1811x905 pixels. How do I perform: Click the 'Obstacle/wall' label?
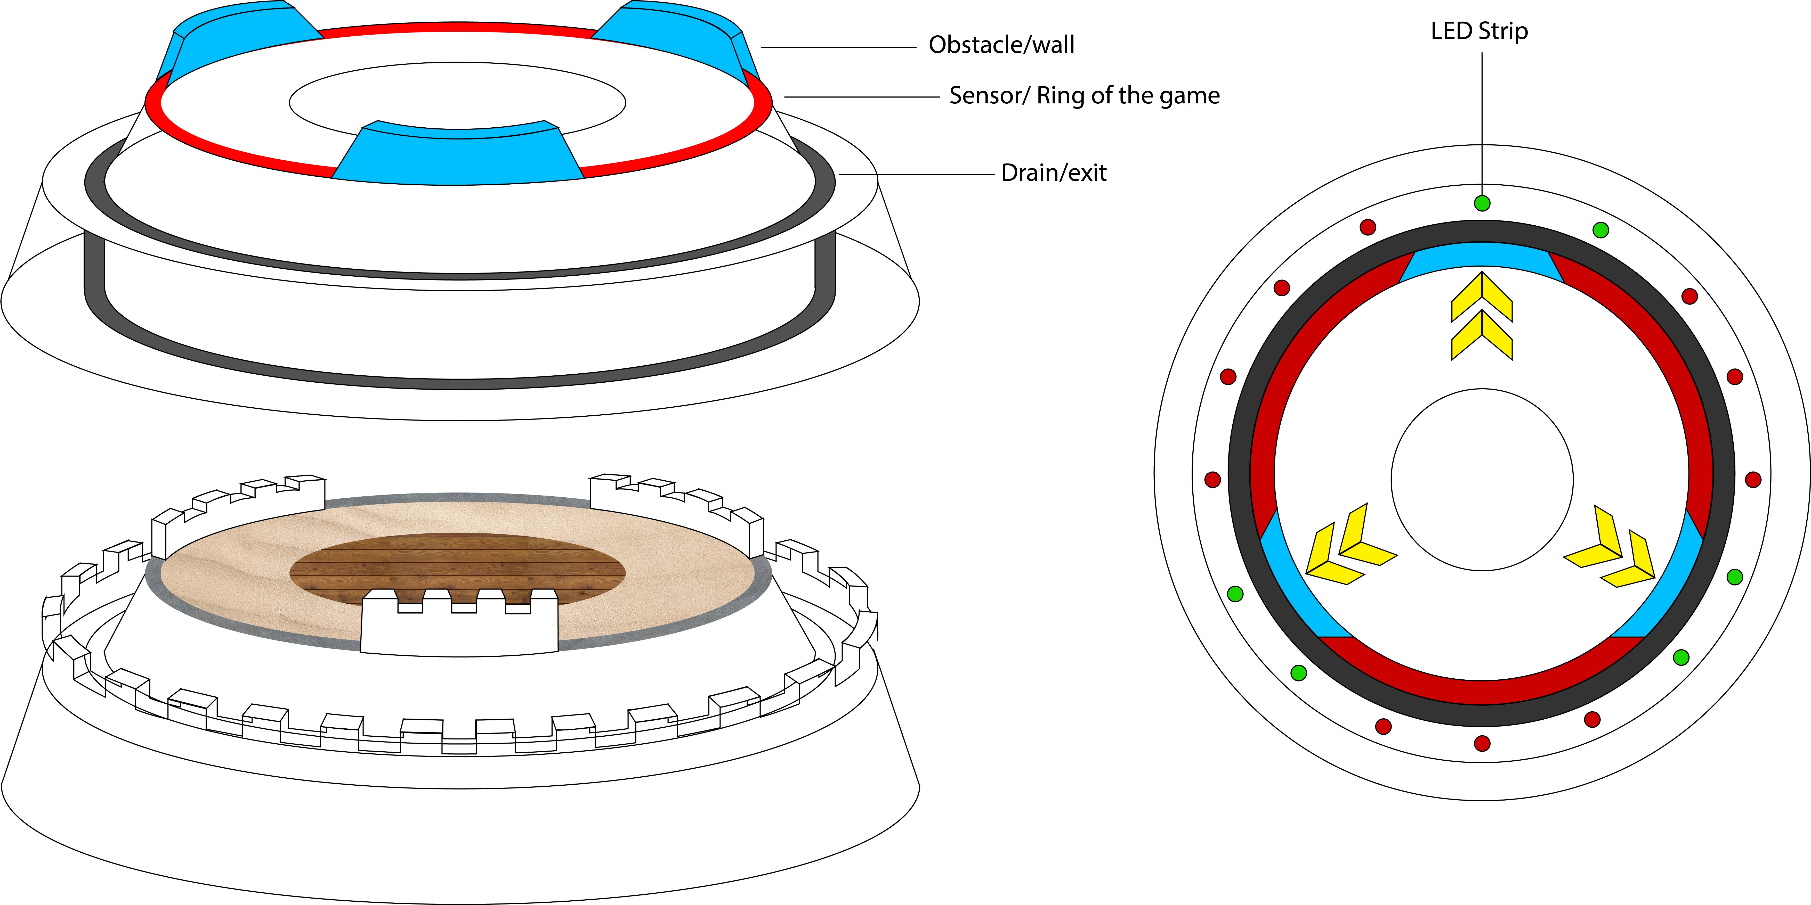pos(1001,45)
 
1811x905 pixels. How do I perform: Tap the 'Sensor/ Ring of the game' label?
pos(1084,96)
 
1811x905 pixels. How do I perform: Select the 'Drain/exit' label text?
pos(1053,173)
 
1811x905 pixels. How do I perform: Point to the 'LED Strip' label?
pos(1479,31)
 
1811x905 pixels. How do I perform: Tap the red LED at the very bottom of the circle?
pos(1482,743)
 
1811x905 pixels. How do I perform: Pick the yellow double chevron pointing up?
pos(1482,316)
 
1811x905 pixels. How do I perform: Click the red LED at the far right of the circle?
pos(1753,480)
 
